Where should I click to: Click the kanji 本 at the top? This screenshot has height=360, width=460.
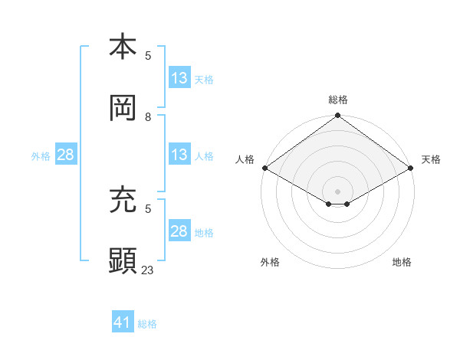(x=123, y=47)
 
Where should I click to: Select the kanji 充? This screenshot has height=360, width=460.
(x=123, y=200)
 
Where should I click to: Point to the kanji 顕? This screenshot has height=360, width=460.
(x=123, y=261)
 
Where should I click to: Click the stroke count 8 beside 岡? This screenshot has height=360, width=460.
(x=148, y=116)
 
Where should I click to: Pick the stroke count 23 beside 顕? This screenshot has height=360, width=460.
(x=148, y=270)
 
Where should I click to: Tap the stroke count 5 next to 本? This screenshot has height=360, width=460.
(x=148, y=55)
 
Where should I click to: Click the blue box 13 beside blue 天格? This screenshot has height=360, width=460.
(x=179, y=78)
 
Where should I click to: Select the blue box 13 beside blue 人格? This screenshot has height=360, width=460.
(x=179, y=155)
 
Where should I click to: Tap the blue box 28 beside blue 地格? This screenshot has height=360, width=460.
(x=179, y=231)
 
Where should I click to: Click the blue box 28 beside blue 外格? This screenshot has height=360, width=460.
(x=66, y=155)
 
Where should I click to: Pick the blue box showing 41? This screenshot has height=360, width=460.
(x=123, y=322)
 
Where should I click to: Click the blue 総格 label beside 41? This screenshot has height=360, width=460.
(x=147, y=324)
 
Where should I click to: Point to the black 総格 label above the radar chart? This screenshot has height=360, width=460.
(x=338, y=100)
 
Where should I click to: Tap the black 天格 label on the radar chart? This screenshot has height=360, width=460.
(x=431, y=159)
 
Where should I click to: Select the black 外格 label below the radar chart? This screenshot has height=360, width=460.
(x=270, y=263)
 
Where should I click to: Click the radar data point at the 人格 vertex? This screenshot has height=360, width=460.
(x=264, y=168)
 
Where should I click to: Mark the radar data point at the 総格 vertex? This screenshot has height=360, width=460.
(x=338, y=116)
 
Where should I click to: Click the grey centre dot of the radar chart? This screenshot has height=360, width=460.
(x=338, y=191)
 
